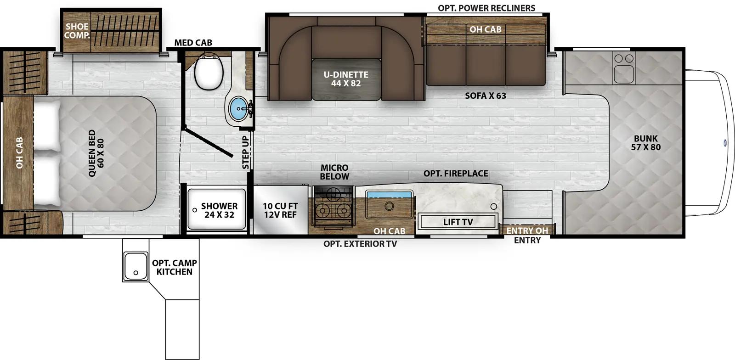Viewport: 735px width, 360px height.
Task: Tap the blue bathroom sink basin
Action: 238,109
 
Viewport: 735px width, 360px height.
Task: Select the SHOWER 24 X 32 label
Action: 219,210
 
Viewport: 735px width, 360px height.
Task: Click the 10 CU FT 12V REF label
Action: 280,210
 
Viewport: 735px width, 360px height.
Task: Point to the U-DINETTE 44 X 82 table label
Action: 346,79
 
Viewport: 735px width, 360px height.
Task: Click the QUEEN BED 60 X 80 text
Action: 96,153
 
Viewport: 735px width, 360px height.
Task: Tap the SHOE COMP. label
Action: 77,31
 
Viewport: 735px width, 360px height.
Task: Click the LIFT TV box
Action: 458,222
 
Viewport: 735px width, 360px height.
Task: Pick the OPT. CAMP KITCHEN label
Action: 175,267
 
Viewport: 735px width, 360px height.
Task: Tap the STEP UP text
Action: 246,152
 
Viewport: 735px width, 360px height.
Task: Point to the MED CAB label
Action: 193,43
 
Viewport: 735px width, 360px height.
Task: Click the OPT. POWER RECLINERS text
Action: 486,8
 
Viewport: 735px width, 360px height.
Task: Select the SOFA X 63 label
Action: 485,96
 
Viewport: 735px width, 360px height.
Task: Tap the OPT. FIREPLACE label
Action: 455,174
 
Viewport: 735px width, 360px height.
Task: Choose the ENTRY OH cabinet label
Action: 527,231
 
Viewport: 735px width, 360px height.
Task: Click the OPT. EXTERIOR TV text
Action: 360,244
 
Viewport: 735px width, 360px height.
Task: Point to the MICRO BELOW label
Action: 334,172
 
